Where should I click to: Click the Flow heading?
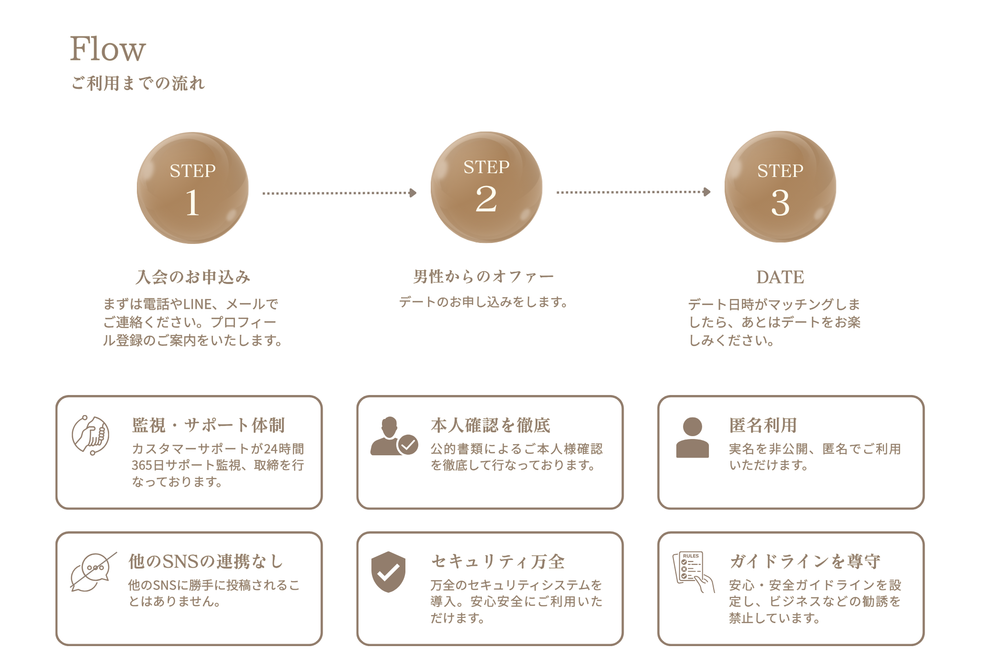[108, 49]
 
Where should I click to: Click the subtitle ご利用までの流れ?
[138, 83]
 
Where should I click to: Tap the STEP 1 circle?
[192, 188]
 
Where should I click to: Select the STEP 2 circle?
[486, 187]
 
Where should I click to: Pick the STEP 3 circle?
[780, 187]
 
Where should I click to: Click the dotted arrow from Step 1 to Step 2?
[339, 193]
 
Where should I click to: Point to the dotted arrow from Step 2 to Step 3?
[633, 192]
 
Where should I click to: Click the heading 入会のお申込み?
[193, 277]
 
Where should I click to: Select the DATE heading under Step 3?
[780, 277]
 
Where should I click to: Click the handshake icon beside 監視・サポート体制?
[90, 435]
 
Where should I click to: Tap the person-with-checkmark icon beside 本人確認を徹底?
[393, 436]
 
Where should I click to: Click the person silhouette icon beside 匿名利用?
[692, 438]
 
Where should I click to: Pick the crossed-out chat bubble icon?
[93, 572]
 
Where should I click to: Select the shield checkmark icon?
[388, 572]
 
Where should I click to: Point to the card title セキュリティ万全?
[498, 561]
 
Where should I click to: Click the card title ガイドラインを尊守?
[805, 561]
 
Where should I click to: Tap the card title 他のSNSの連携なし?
[206, 561]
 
